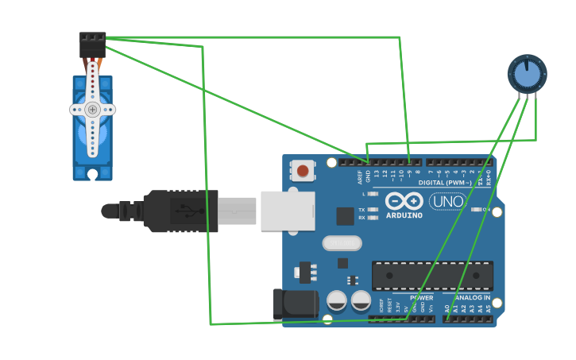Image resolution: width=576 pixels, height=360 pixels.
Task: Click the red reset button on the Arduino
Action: tap(303, 170)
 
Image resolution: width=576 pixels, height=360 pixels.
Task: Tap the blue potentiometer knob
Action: tap(527, 75)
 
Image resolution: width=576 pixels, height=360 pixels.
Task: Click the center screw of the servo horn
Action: tap(92, 110)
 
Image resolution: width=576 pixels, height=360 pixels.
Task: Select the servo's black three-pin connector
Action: tap(92, 44)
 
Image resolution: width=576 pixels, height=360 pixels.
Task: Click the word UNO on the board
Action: tap(447, 202)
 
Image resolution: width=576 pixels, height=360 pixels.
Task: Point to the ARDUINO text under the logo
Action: tap(404, 215)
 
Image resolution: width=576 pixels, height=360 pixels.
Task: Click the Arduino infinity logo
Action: tap(404, 200)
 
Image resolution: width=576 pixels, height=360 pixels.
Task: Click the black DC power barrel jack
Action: tap(295, 305)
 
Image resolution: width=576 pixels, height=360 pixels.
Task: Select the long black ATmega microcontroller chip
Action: tap(432, 275)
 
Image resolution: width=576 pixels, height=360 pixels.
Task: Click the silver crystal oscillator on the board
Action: tap(342, 243)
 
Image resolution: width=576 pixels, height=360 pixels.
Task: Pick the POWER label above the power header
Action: tap(421, 298)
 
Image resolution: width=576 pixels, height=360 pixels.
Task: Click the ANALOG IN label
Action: tap(473, 298)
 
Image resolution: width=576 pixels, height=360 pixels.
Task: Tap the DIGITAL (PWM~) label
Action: tap(443, 183)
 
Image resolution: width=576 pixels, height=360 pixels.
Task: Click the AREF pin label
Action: tap(360, 176)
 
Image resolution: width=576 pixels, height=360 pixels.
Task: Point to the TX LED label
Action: tap(361, 210)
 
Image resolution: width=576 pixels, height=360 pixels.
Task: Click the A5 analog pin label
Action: tap(489, 308)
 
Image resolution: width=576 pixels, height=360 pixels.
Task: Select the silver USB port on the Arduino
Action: tap(287, 211)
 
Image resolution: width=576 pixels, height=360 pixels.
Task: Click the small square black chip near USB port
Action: tap(345, 216)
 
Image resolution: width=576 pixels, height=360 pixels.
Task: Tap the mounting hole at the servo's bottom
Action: tap(92, 172)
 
